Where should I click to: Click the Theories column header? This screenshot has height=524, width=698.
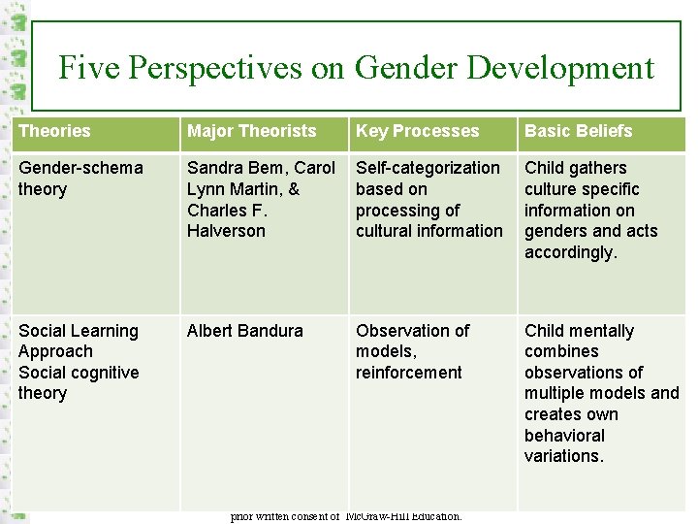(54, 131)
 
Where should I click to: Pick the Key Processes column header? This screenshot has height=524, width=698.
(417, 131)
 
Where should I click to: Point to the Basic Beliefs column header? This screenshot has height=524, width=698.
(578, 131)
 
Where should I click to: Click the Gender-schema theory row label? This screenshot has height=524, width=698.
(79, 179)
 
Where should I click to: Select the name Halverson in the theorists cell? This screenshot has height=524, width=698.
(226, 231)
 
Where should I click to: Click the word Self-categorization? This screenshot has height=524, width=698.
(428, 168)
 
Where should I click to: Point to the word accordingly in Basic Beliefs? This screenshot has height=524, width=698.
(570, 252)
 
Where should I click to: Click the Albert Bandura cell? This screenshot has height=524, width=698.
(244, 331)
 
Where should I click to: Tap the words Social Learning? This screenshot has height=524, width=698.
(78, 331)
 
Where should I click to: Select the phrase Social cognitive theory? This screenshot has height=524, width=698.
(78, 382)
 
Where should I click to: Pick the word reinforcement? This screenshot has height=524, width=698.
(408, 373)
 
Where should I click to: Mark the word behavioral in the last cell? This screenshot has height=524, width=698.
(564, 436)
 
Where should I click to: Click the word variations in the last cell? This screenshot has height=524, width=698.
(563, 456)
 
